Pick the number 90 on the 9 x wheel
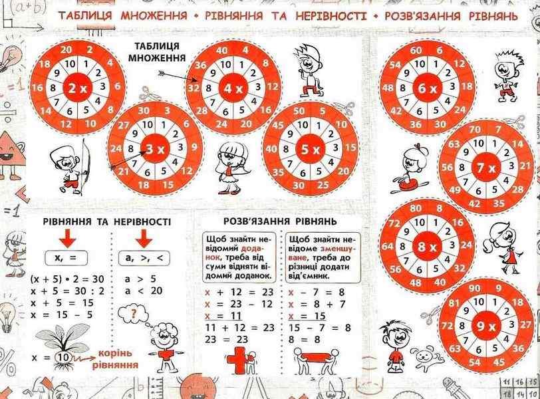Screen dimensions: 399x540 473,289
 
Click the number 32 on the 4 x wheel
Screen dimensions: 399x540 194,87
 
